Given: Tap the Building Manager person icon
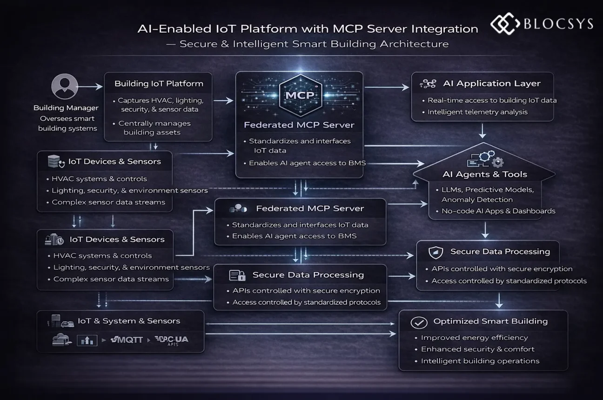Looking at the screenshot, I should tap(64, 87).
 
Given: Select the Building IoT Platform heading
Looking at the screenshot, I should tap(159, 84).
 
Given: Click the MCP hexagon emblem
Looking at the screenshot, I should tap(299, 96).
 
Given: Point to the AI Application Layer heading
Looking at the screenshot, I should tap(491, 84).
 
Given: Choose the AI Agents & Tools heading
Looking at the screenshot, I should tap(484, 174).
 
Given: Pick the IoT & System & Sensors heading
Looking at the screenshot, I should tap(128, 321).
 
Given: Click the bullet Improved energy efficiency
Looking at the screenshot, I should tap(474, 338).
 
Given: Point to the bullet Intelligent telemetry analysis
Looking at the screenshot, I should tap(477, 112).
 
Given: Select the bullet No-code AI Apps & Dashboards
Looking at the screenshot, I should tap(495, 211).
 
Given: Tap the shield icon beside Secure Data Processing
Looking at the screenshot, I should tap(435, 252).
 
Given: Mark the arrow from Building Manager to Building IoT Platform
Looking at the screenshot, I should tap(90, 87).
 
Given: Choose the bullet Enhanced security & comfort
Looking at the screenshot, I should tap(477, 349).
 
